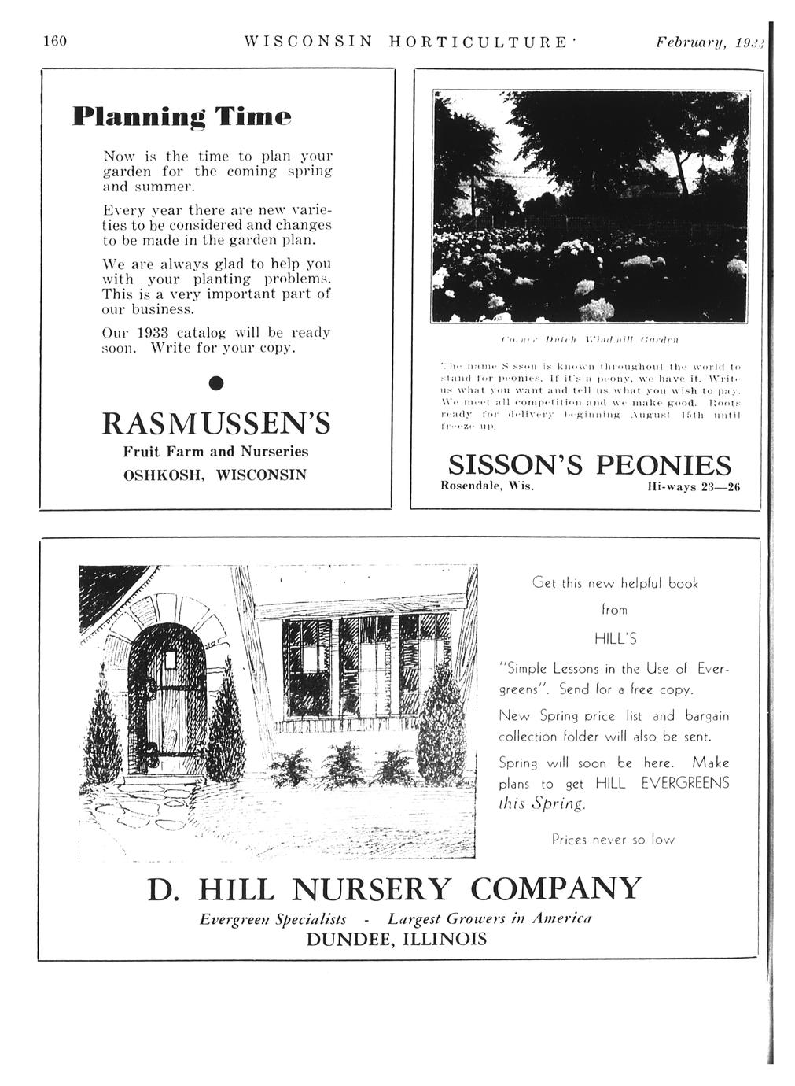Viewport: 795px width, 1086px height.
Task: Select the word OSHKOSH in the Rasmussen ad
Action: coord(160,476)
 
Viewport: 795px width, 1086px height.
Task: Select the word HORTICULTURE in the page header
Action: coord(477,40)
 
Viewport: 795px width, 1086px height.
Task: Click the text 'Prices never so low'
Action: coord(613,840)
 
